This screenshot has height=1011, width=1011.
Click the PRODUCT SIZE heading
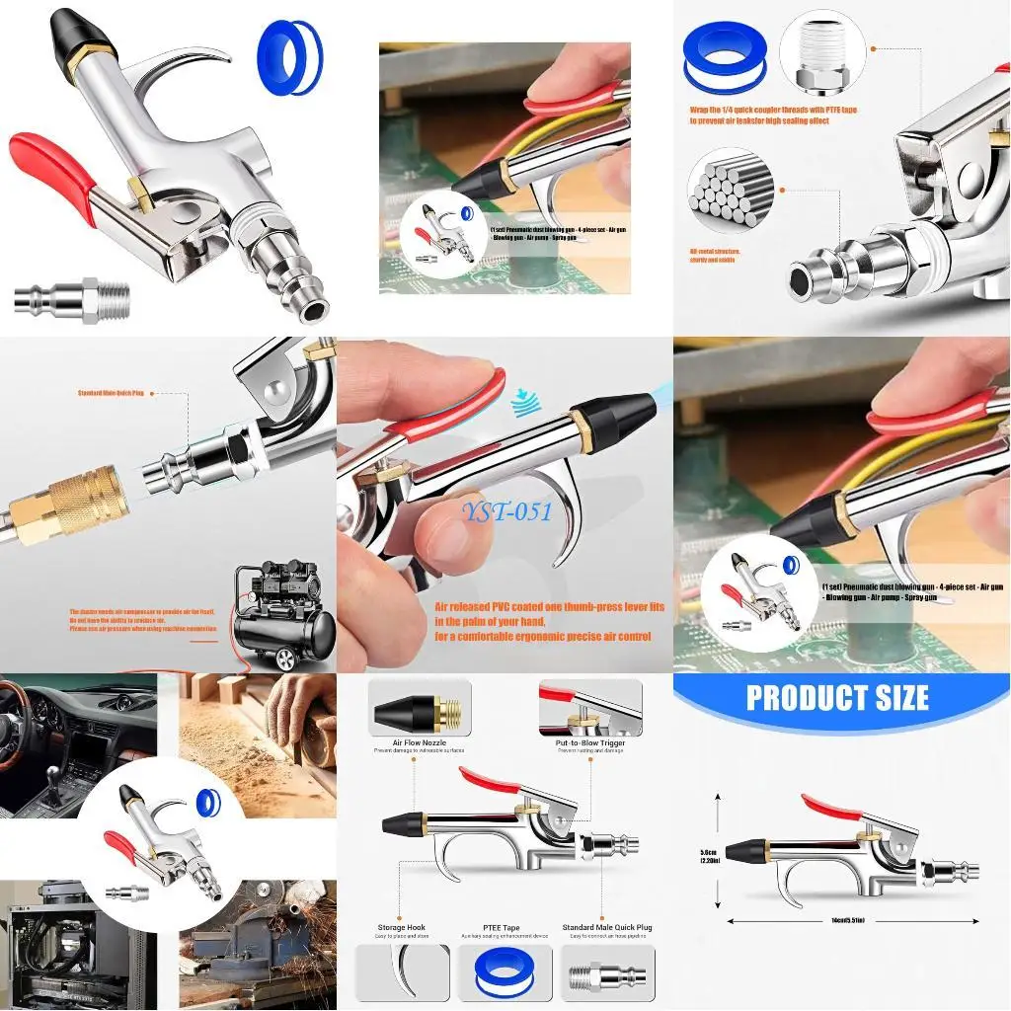(x=837, y=697)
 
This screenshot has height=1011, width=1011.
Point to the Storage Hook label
(x=401, y=928)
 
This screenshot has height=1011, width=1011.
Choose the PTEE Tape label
(x=503, y=928)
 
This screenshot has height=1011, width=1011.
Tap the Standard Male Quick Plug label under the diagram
(x=606, y=928)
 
